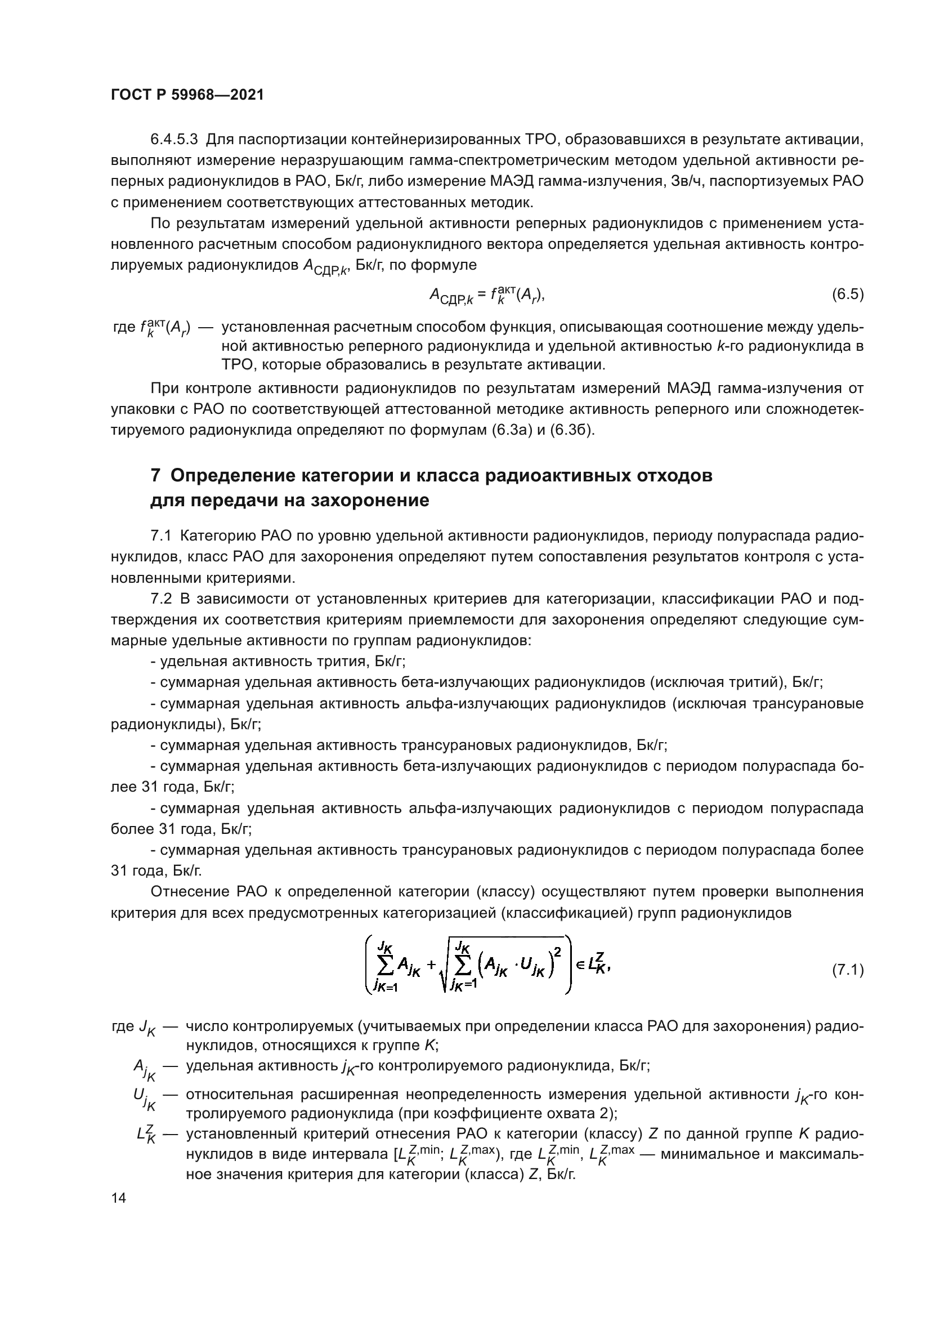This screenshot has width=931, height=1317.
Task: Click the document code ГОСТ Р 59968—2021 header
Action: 187,95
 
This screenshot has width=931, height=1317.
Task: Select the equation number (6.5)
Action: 847,294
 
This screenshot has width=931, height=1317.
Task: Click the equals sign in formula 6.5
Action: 480,295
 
